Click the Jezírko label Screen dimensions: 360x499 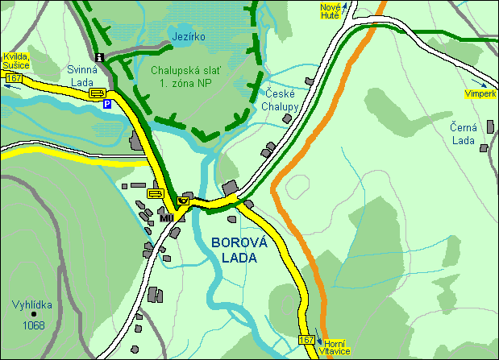point(189,37)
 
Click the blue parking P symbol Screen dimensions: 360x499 point(106,104)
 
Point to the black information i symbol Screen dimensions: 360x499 point(99,57)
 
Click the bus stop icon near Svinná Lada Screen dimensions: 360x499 point(97,93)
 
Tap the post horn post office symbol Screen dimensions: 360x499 point(184,198)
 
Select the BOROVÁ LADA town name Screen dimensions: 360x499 point(233,250)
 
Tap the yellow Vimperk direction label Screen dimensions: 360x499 point(480,94)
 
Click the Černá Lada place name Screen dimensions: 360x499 point(465,133)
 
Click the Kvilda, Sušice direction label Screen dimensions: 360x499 point(16,60)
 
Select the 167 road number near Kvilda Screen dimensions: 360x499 point(13,77)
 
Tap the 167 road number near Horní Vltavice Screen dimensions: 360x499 point(306,340)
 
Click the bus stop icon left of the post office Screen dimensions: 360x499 point(156,193)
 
